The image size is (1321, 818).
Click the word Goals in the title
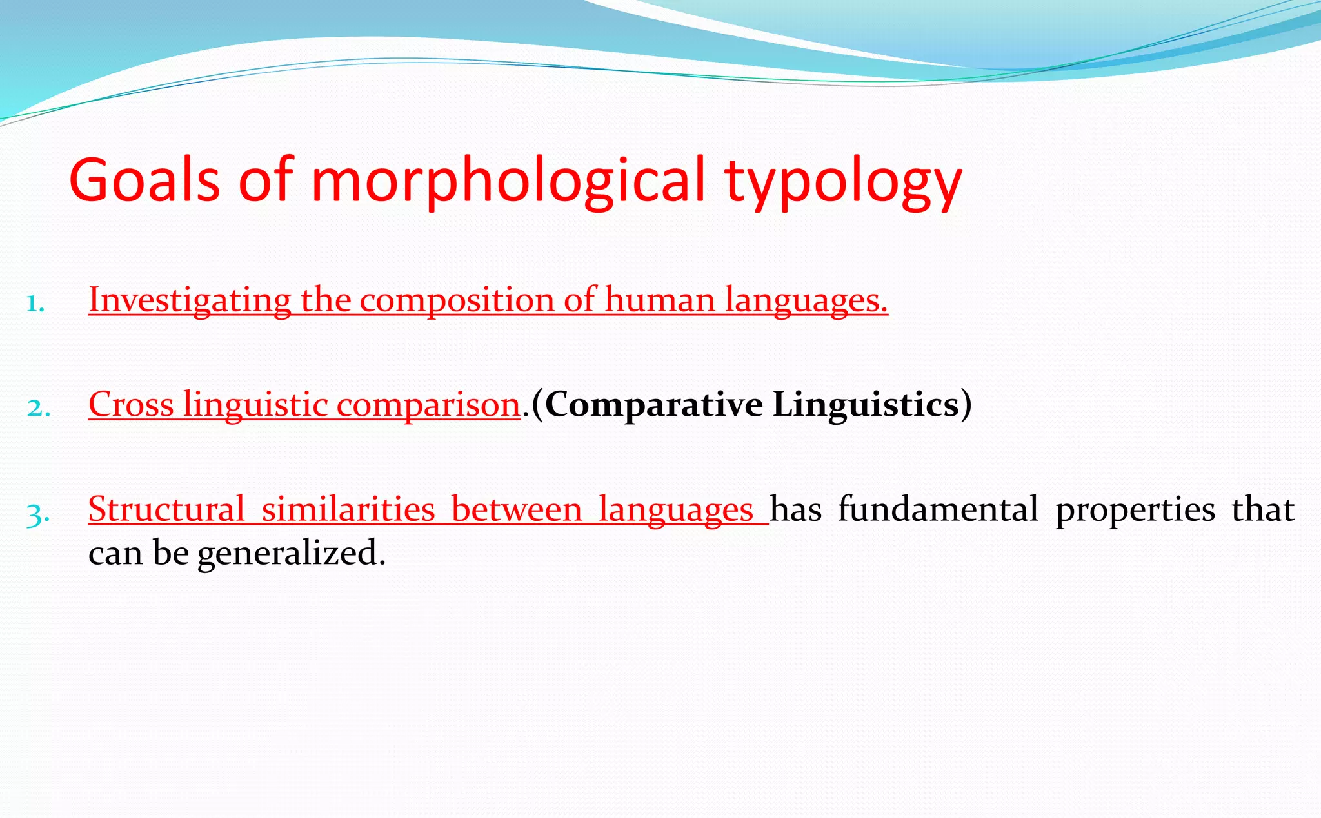pos(144,180)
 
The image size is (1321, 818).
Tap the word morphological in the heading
pos(508,182)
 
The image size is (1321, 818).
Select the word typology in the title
pos(843,182)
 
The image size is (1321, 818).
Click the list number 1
pos(35,304)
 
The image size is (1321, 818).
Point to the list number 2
pos(38,408)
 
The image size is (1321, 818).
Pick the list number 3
pos(37,514)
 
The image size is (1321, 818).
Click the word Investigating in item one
pos(190,300)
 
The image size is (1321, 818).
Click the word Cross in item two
pos(131,405)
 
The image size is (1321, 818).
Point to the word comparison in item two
pos(428,405)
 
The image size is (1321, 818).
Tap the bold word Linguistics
pos(866,405)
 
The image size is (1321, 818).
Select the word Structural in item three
pos(166,509)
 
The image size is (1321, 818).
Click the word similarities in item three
pos(348,509)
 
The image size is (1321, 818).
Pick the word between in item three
pos(517,509)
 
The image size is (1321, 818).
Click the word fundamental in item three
pos(938,509)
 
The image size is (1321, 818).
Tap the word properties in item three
pos(1135,509)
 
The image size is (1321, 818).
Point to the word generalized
pos(291,553)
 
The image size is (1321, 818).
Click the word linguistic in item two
pos(255,405)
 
